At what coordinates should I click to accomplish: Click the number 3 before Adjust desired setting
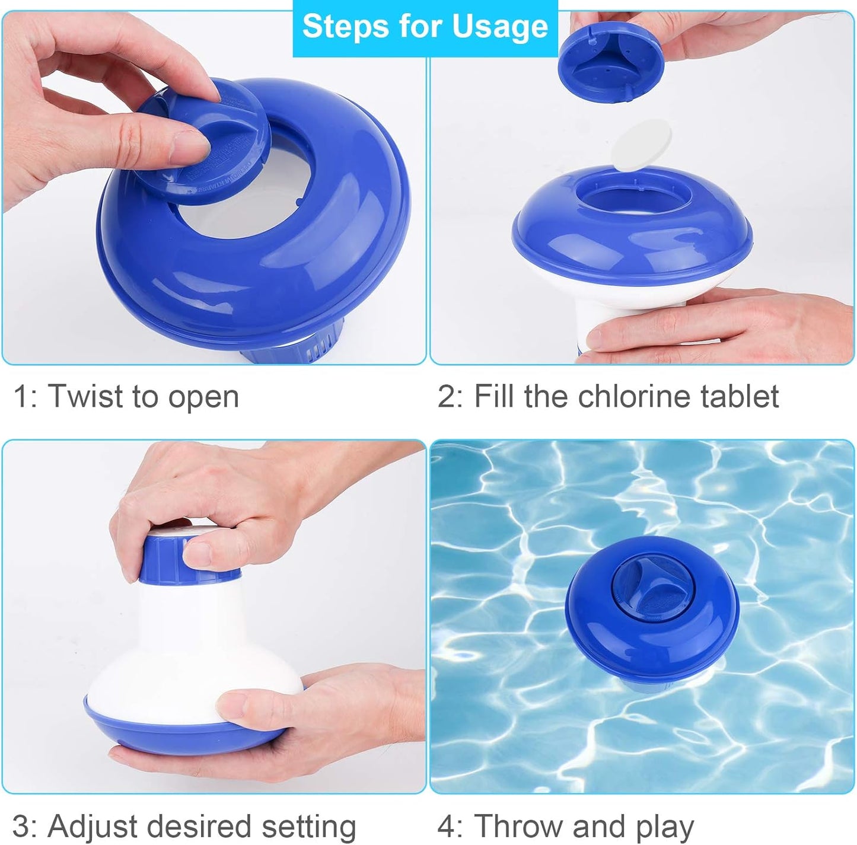(20, 825)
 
